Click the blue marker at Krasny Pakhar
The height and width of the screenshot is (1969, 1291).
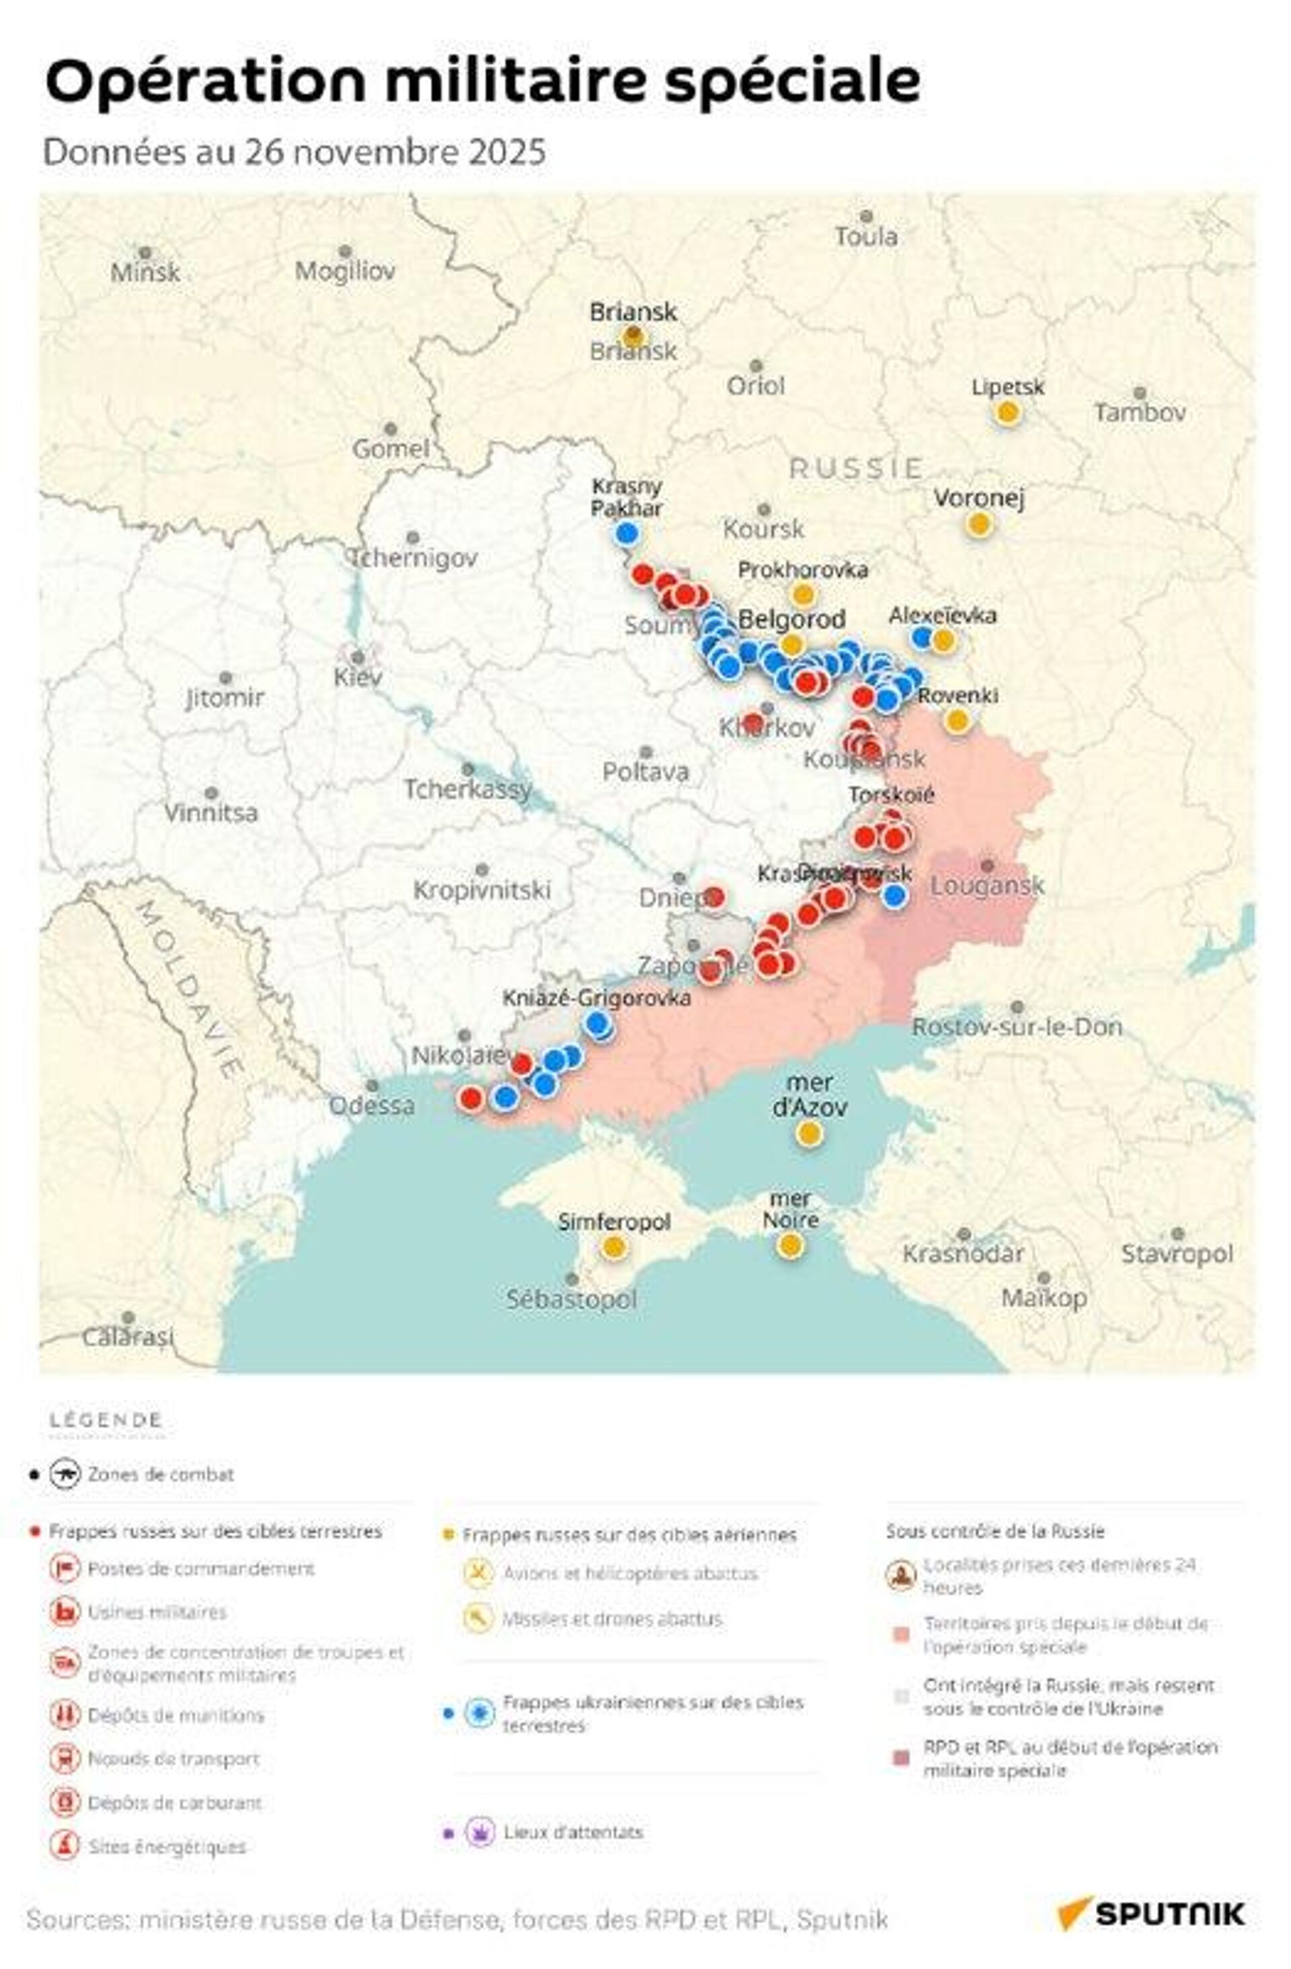point(626,533)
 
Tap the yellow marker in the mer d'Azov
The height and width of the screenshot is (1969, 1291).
point(808,1134)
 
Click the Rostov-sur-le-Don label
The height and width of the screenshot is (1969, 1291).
point(1017,1027)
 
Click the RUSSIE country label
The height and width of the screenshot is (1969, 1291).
point(855,468)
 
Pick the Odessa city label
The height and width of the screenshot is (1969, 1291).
point(371,1105)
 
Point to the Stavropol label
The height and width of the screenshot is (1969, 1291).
point(1176,1253)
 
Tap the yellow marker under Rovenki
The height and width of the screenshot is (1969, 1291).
point(957,720)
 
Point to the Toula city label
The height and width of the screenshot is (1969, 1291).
point(865,237)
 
